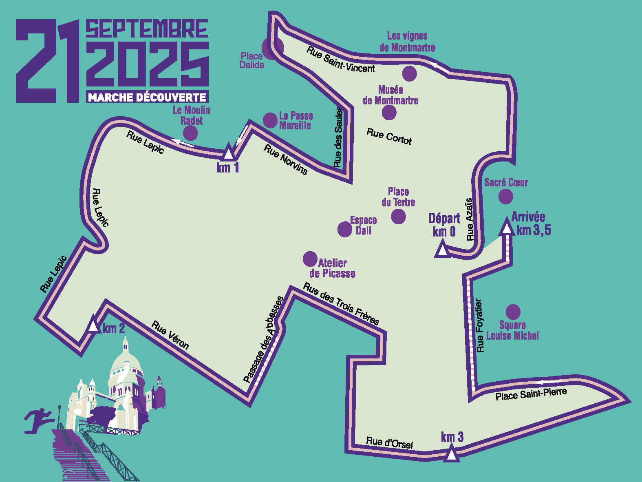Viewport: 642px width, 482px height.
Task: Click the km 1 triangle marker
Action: [x=229, y=153]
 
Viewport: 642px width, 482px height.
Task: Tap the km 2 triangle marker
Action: [x=94, y=325]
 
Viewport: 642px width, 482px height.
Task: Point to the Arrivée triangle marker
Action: [x=507, y=227]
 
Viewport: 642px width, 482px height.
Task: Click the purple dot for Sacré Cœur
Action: [x=506, y=197]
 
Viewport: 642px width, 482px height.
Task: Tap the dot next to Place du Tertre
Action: [x=398, y=217]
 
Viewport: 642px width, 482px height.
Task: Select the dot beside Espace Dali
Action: [x=344, y=229]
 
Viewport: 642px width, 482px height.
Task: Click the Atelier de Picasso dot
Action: [x=310, y=259]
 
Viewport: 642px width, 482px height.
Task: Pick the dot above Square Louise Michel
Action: [x=513, y=312]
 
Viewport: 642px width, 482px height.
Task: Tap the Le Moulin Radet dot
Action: [x=190, y=133]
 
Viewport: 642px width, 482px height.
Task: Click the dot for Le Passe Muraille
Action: [x=270, y=120]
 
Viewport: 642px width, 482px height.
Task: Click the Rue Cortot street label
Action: [x=389, y=137]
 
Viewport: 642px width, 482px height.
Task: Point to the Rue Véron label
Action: [x=170, y=336]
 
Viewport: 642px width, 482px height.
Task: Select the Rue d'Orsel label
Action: [x=389, y=442]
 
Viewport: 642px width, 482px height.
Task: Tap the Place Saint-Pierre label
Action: [x=531, y=394]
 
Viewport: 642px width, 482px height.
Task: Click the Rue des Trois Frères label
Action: [x=341, y=304]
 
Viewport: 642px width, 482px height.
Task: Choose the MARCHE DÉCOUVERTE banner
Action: [x=147, y=97]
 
